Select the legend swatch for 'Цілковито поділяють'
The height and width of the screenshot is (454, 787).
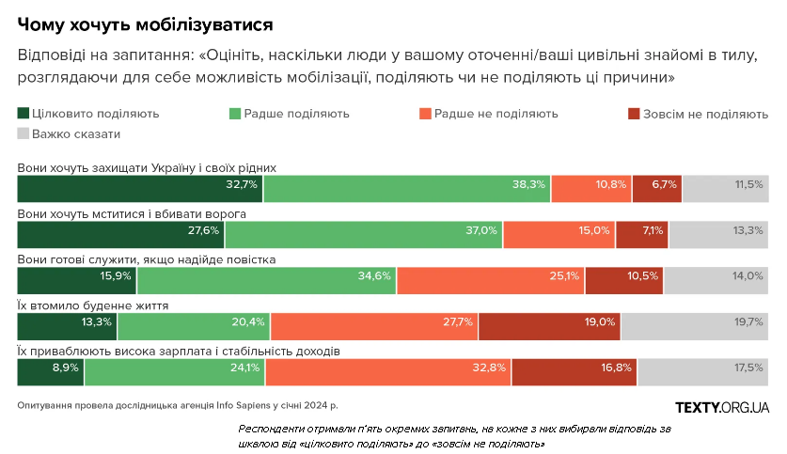[24, 114]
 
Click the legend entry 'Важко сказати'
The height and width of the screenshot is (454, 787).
[76, 134]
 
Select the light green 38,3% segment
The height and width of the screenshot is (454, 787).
[406, 188]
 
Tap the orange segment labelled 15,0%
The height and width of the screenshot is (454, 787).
[559, 234]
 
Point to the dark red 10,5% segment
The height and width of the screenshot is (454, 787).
[624, 280]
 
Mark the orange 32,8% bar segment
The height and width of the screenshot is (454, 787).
[388, 371]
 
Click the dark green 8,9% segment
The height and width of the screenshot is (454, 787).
[51, 371]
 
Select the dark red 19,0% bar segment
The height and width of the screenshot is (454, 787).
[549, 325]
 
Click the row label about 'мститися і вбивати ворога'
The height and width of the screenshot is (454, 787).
[133, 213]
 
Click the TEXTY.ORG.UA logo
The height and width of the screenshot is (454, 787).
[722, 406]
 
